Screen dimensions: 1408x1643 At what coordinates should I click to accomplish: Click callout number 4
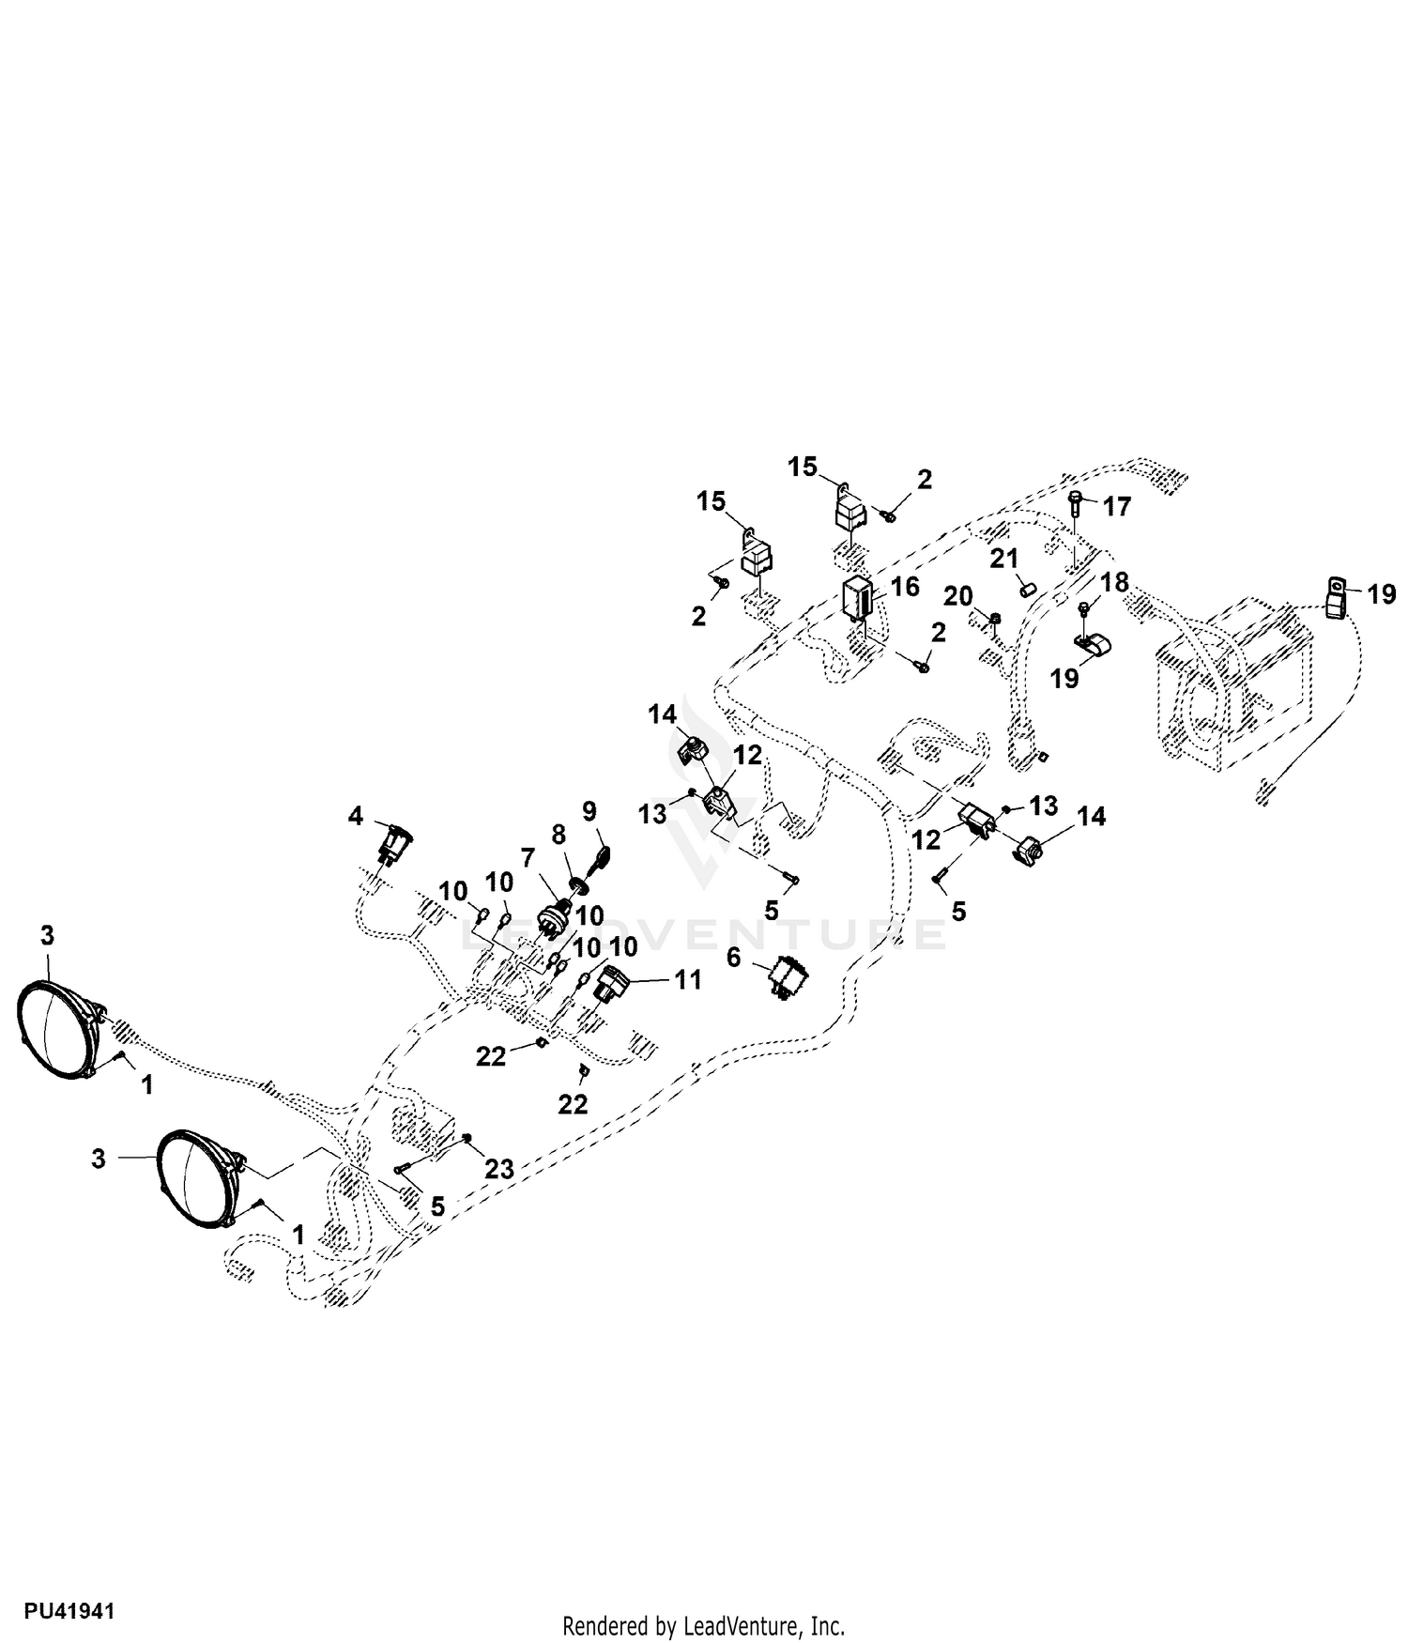(x=355, y=816)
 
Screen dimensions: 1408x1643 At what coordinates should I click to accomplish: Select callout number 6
(x=734, y=957)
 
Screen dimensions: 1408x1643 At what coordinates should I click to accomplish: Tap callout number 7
(x=528, y=857)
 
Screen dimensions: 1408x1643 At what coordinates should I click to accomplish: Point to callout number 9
(x=589, y=809)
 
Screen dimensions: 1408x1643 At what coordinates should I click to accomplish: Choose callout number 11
(x=689, y=979)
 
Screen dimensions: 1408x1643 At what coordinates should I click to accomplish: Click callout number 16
(x=905, y=587)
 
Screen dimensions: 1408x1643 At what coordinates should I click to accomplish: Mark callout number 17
(x=1117, y=507)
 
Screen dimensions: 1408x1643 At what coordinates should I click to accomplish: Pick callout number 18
(x=1115, y=582)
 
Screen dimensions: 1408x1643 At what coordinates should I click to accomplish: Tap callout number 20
(x=958, y=596)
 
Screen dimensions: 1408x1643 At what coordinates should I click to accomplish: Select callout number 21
(x=1004, y=560)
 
